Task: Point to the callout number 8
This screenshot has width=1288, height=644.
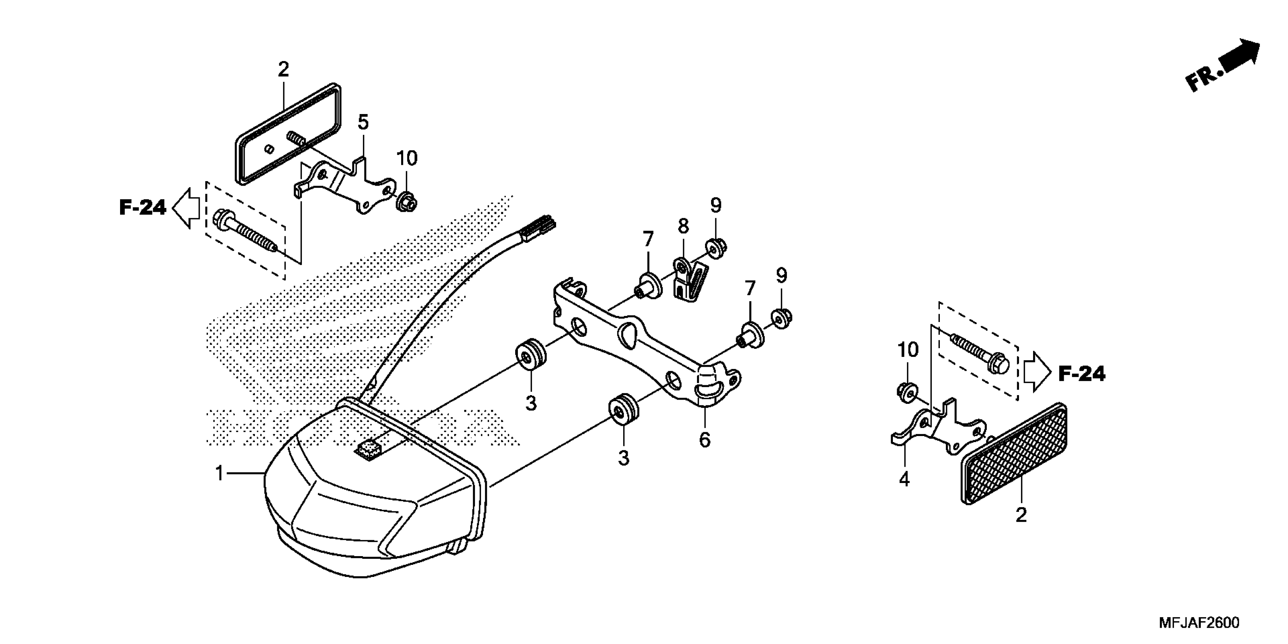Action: coord(683,226)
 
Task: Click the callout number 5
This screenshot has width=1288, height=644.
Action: coord(363,122)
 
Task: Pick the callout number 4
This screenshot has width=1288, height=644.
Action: coord(904,479)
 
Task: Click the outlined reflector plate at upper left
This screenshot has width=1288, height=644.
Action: coord(289,134)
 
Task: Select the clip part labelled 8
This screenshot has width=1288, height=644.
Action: coord(690,283)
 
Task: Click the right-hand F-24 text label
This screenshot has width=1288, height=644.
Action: coord(1082,374)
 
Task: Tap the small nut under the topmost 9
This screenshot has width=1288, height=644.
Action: coord(716,248)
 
